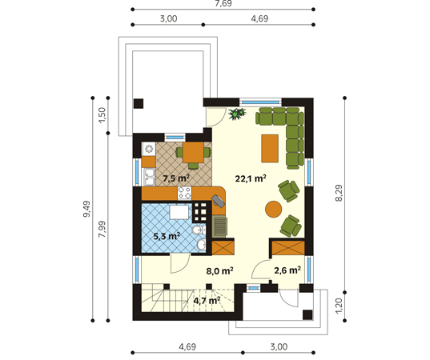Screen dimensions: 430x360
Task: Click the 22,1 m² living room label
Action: pos(251,178)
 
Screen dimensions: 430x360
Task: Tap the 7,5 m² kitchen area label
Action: pos(176,178)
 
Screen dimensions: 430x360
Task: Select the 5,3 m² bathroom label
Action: pos(167,236)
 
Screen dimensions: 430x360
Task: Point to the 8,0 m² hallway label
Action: pos(219,271)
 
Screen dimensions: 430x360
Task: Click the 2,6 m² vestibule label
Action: pos(287,270)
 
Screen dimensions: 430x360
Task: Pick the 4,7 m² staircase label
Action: pos(207,301)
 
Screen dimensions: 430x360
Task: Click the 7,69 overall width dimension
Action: pos(223,3)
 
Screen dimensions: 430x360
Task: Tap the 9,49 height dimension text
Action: pos(86,209)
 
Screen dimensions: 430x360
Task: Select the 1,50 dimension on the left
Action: pos(102,115)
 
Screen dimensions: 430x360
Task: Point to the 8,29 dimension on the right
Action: pos(339,193)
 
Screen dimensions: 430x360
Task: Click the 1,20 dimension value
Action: pos(339,306)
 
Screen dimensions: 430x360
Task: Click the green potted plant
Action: pos(237,113)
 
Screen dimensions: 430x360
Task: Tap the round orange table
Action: pos(273,210)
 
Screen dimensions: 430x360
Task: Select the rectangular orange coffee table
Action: pos(270,148)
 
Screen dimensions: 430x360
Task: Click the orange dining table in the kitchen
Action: pos(193,152)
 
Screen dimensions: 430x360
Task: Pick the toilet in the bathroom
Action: pos(199,230)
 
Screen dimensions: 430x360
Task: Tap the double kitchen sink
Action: pos(148,178)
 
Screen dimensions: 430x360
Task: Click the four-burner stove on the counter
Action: pos(184,193)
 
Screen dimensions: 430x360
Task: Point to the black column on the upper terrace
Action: pos(139,103)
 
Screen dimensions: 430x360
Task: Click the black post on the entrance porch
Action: pos(307,314)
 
